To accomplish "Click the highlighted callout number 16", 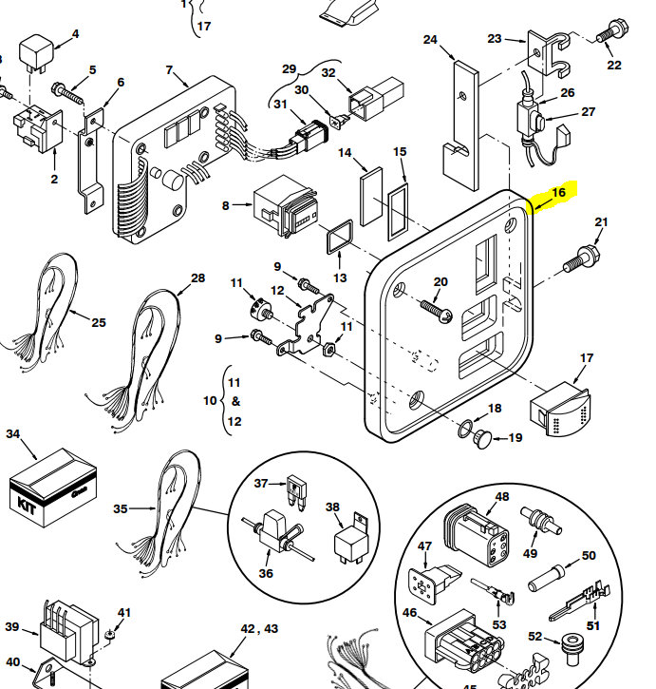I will coord(558,193).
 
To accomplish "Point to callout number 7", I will coord(169,70).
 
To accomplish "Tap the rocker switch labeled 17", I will coord(561,408).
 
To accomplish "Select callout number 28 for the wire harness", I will coord(197,278).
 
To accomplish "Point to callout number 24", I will coord(430,40).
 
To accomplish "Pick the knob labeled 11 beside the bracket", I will coord(255,310).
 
